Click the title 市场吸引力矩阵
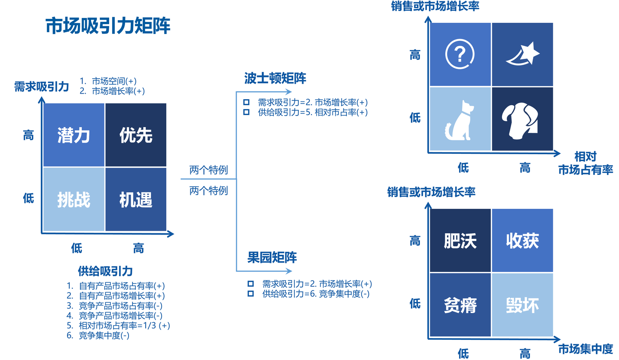point(108,26)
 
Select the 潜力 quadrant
point(74,135)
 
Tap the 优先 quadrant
point(136,135)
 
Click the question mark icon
point(460,54)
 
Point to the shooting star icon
point(522,54)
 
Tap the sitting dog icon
point(460,119)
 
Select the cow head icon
point(522,119)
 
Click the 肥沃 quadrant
point(460,241)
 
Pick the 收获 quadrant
point(522,241)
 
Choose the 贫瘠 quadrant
point(460,305)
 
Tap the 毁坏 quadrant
point(522,305)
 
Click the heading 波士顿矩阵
point(269,79)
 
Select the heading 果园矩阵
point(272,257)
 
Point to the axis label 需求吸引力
point(41,86)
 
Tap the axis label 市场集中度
point(585,348)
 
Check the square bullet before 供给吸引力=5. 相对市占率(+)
point(246,112)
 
